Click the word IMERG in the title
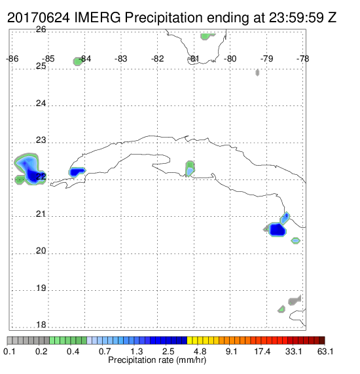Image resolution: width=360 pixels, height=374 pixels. [x=98, y=18]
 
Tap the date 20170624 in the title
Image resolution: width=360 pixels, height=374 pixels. [x=39, y=18]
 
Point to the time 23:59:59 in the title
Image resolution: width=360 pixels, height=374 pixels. [x=297, y=18]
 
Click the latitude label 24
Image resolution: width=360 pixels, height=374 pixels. [x=41, y=103]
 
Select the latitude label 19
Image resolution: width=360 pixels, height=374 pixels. [x=41, y=288]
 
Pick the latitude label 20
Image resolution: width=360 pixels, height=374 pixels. [x=41, y=251]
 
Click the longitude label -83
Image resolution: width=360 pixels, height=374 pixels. [x=120, y=59]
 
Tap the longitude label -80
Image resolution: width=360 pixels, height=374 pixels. [x=230, y=59]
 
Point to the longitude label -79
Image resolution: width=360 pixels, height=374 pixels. [x=266, y=59]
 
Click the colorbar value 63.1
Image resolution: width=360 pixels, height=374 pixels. [x=325, y=351]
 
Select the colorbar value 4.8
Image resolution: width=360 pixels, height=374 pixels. [x=200, y=351]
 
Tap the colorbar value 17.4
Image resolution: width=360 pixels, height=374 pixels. [x=262, y=351]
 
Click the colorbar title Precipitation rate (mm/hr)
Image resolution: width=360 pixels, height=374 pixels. [x=157, y=360]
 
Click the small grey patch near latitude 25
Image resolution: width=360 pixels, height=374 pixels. [x=257, y=73]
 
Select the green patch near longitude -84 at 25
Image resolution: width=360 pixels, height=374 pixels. [x=77, y=62]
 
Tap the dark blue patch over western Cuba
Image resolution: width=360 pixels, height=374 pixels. [x=77, y=172]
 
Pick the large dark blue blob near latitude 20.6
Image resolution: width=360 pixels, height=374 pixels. [x=278, y=229]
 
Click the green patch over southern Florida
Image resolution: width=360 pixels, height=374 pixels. [x=207, y=36]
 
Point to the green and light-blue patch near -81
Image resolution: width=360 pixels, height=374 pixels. [x=190, y=168]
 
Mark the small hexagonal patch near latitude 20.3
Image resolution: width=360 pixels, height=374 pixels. [x=296, y=240]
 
